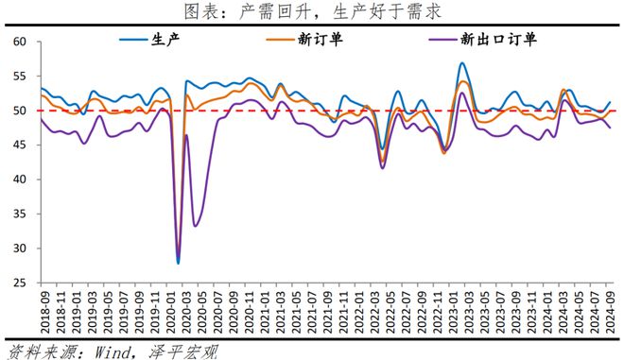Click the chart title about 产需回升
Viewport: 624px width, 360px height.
pyautogui.click(x=313, y=11)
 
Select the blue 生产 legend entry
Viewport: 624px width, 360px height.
pyautogui.click(x=150, y=40)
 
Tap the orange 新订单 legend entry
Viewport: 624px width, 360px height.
pyautogui.click(x=304, y=40)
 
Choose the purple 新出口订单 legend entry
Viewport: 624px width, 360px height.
pyautogui.click(x=483, y=40)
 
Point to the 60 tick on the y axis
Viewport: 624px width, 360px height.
pyautogui.click(x=20, y=42)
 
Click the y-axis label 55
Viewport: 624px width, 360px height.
pyautogui.click(x=20, y=76)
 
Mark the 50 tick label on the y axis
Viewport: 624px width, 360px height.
pyautogui.click(x=20, y=111)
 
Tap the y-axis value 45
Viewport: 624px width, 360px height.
pyautogui.click(x=20, y=145)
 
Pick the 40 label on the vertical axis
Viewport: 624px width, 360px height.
pyautogui.click(x=20, y=180)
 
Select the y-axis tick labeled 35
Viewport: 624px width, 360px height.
pyautogui.click(x=20, y=214)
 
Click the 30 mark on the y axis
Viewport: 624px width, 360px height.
pyautogui.click(x=20, y=249)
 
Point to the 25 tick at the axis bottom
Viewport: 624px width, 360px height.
pyautogui.click(x=20, y=283)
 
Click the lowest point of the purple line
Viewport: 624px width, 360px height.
pyautogui.click(x=178, y=263)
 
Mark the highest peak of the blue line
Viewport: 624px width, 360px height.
pyautogui.click(x=461, y=63)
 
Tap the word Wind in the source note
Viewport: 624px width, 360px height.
pyautogui.click(x=112, y=352)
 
